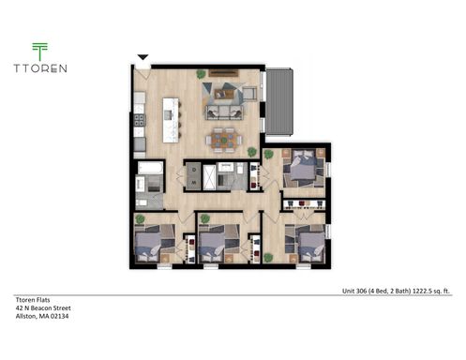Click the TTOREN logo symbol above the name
tap(39, 51)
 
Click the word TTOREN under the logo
tap(39, 67)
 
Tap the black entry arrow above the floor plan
tap(143, 58)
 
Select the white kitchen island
tap(171, 119)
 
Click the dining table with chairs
tap(224, 141)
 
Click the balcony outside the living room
tap(280, 101)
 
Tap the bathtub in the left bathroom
tap(151, 170)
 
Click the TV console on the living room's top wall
tap(223, 74)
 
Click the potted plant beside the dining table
tap(253, 151)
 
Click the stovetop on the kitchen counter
tap(139, 120)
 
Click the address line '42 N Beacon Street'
tap(42, 307)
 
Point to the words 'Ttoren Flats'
tap(32, 299)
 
